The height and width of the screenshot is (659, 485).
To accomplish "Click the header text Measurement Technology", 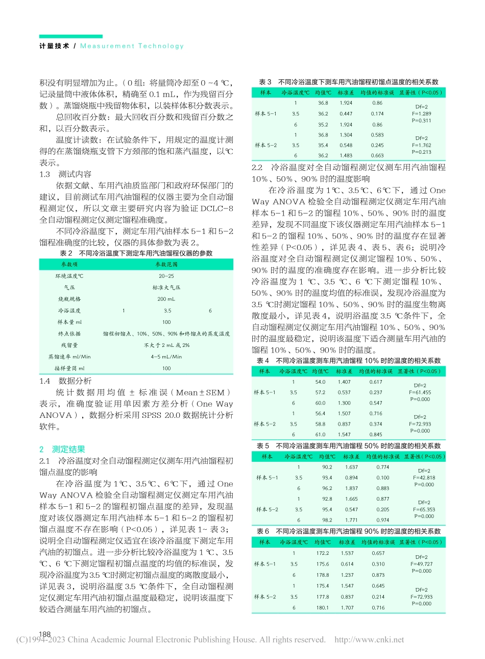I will (x=132, y=46).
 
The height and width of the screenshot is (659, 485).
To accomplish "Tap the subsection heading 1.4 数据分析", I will (x=66, y=381).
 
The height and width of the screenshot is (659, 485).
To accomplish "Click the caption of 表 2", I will (x=136, y=253).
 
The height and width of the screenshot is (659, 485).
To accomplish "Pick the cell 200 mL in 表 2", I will (x=166, y=299).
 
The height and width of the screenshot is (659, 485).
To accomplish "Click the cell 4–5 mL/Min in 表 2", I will (x=166, y=357).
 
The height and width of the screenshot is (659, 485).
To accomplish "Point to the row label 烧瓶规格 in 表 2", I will (x=69, y=299).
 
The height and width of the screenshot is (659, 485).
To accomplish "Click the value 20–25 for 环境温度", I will (x=166, y=276).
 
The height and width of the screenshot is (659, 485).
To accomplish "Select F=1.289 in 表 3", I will (x=421, y=114).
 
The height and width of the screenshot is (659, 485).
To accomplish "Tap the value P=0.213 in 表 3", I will (x=421, y=152).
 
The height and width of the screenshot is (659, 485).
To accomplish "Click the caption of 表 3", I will (x=348, y=82).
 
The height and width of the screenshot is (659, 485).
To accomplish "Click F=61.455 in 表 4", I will (x=420, y=392).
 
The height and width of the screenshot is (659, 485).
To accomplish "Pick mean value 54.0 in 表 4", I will (x=320, y=382).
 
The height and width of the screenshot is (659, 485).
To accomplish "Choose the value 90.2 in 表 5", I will (x=327, y=467).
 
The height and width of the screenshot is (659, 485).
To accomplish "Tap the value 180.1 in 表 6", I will (x=323, y=607).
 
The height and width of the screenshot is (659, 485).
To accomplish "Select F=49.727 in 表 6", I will (x=421, y=564).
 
